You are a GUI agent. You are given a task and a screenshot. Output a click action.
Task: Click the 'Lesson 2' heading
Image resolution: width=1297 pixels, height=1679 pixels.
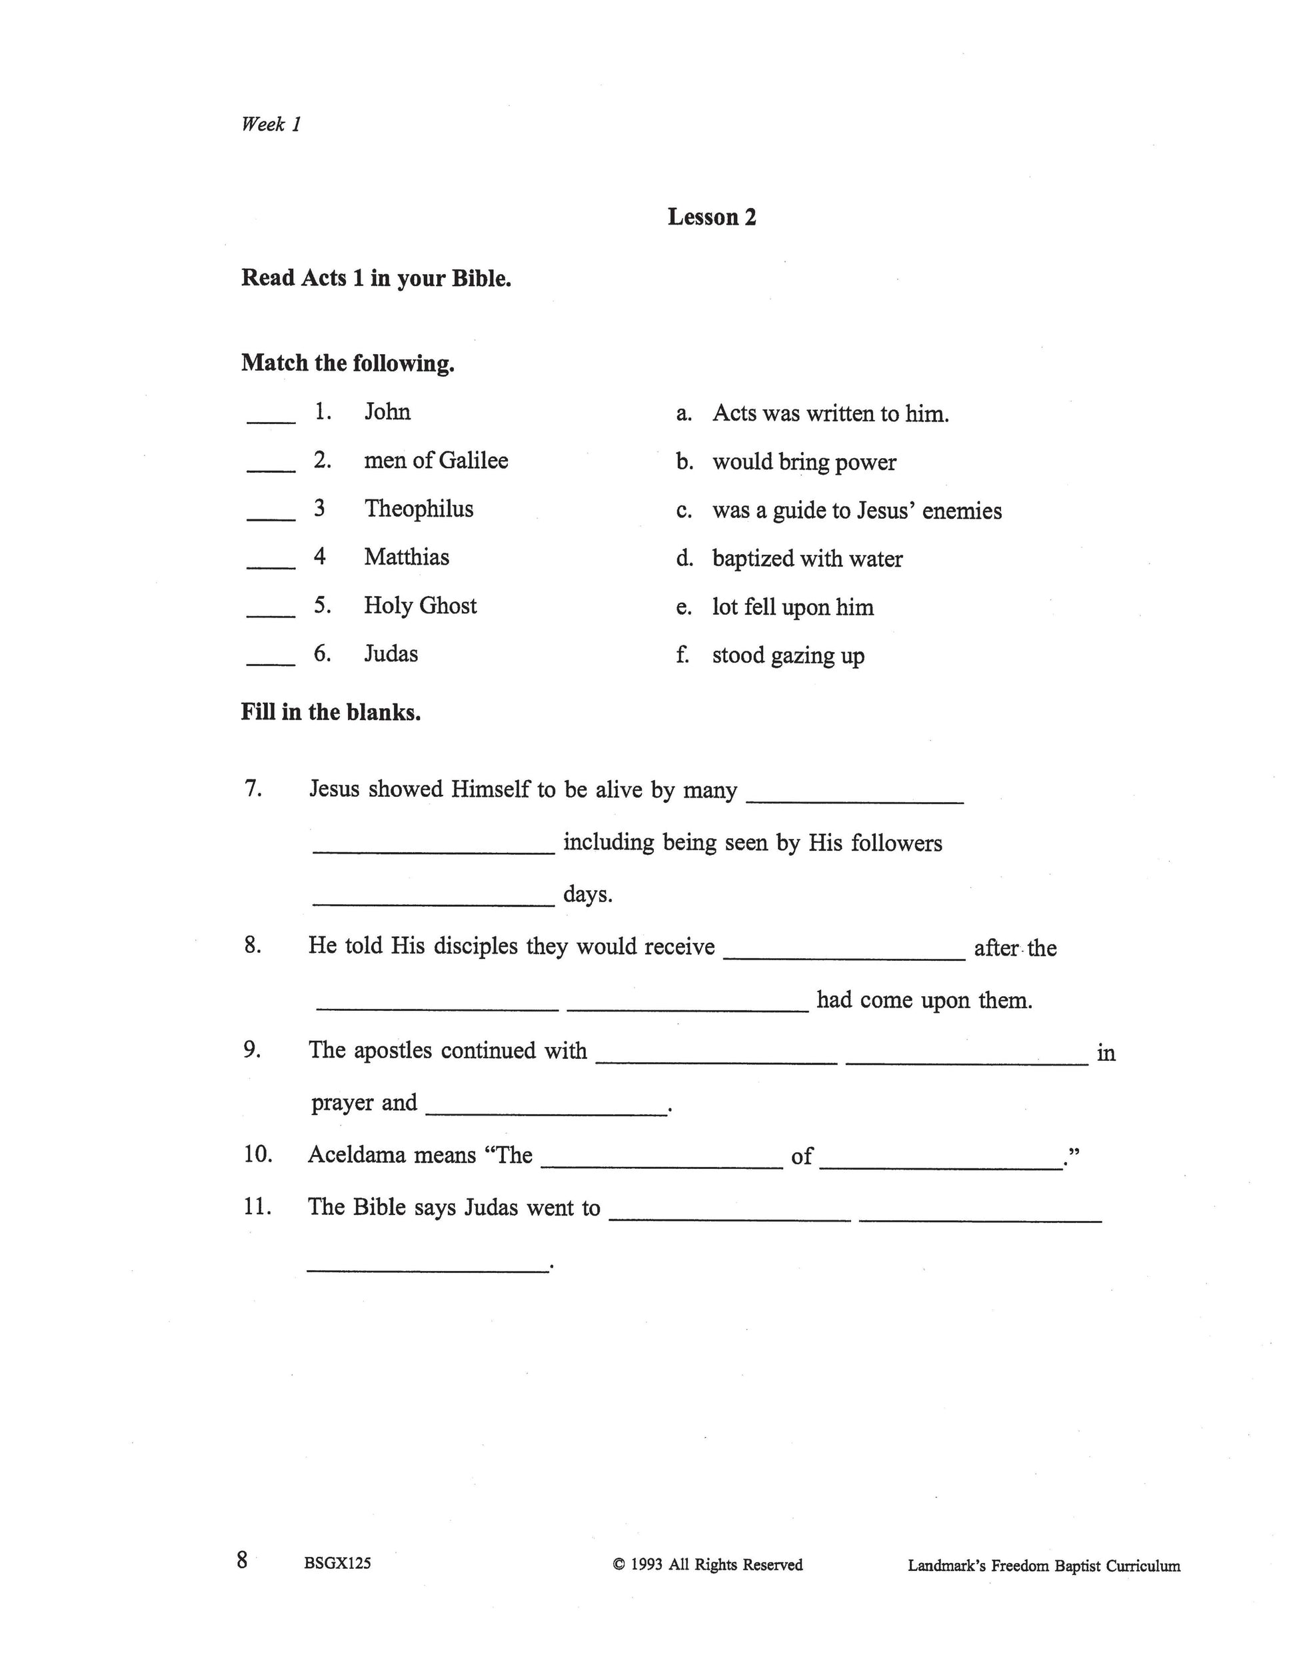[712, 217]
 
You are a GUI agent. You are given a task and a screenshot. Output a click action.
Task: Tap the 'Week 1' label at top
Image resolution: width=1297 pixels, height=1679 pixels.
[271, 125]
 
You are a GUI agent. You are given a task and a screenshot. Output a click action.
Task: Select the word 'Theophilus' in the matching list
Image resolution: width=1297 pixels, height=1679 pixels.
[419, 509]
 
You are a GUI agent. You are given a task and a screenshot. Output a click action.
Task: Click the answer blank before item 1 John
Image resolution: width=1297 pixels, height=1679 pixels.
[271, 419]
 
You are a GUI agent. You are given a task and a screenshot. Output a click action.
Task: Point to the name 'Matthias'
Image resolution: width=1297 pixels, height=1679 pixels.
[407, 557]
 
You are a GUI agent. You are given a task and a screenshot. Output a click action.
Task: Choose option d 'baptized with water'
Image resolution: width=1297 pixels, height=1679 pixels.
[806, 559]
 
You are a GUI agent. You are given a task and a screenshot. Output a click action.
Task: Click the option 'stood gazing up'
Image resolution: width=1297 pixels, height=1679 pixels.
[788, 655]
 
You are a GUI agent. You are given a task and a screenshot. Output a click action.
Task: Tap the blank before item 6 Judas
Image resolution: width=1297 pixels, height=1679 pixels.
[271, 661]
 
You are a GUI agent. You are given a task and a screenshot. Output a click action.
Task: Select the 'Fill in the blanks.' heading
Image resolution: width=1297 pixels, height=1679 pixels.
[331, 713]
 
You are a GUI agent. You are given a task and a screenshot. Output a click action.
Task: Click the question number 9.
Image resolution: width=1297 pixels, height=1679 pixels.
[253, 1050]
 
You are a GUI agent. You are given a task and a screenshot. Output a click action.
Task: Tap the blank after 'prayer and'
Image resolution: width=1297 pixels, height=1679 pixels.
[546, 1110]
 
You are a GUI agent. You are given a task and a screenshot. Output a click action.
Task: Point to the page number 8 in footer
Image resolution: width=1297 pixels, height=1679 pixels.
[243, 1560]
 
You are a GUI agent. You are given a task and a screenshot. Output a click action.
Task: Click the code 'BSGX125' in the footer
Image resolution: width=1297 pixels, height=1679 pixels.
[337, 1563]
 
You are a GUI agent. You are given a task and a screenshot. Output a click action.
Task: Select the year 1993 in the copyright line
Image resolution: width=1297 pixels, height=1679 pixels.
[647, 1564]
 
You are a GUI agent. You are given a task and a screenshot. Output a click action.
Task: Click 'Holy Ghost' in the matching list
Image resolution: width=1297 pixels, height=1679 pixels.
[421, 606]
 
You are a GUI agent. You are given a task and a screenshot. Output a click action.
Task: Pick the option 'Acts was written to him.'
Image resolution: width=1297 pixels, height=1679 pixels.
[830, 413]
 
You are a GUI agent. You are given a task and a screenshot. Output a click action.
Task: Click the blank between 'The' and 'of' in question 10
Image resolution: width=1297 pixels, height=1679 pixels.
[662, 1164]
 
